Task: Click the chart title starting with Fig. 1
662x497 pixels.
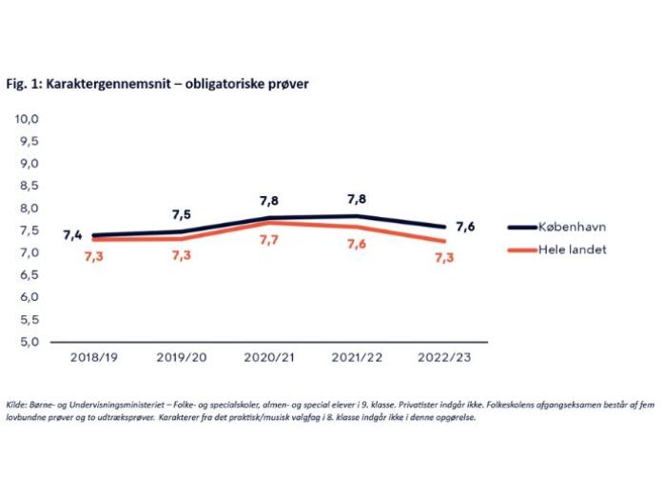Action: coord(157,84)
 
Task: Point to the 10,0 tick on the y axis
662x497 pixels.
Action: coord(25,119)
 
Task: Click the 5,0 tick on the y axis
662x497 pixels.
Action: coord(25,341)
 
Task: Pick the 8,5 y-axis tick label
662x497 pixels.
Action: coord(25,186)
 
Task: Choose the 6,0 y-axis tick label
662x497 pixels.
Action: coord(25,297)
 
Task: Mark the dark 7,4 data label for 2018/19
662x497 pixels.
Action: coord(73,235)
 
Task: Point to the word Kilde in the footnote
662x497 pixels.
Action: coord(16,405)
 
